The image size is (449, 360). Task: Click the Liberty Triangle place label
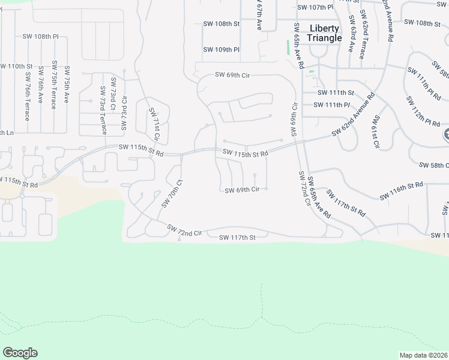pyautogui.click(x=324, y=33)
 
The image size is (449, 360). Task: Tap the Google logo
pyautogui.click(x=20, y=353)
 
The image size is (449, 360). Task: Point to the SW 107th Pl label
pyautogui.click(x=315, y=8)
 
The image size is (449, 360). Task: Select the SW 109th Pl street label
pyautogui.click(x=221, y=50)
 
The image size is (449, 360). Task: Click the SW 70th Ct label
pyautogui.click(x=171, y=193)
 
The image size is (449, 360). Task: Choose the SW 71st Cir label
pyautogui.click(x=155, y=124)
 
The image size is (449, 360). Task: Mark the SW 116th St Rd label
pyautogui.click(x=402, y=191)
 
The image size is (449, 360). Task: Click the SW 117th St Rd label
pyautogui.click(x=346, y=204)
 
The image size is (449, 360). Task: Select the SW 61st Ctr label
pyautogui.click(x=377, y=132)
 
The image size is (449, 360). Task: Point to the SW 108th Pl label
pyautogui.click(x=41, y=37)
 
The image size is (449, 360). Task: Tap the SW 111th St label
pyautogui.click(x=336, y=93)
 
